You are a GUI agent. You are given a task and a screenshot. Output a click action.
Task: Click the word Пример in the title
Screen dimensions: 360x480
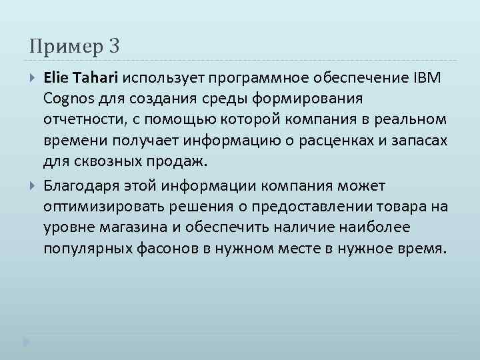64,47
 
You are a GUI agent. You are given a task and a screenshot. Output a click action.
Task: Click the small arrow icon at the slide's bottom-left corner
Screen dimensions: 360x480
26,343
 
